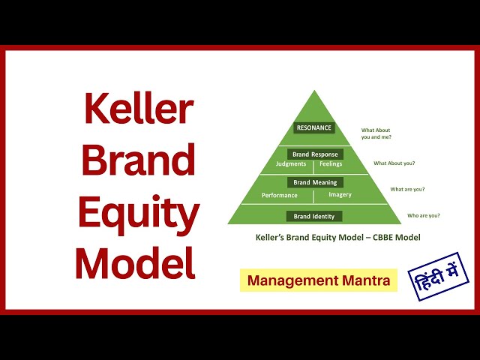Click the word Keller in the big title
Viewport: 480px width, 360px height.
pyautogui.click(x=137, y=109)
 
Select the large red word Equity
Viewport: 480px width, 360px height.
pyautogui.click(x=138, y=214)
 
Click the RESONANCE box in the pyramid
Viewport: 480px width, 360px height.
pyautogui.click(x=314, y=128)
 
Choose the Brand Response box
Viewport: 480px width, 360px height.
pyautogui.click(x=315, y=154)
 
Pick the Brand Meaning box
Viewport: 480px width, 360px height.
pyautogui.click(x=315, y=182)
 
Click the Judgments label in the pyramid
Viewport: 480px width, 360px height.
pyautogui.click(x=291, y=163)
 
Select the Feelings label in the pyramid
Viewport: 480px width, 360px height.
pyautogui.click(x=330, y=163)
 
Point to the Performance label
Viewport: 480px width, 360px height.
pyautogui.click(x=279, y=195)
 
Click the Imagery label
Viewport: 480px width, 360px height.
pyautogui.click(x=340, y=195)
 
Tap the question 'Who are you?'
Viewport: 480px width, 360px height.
pyautogui.click(x=423, y=215)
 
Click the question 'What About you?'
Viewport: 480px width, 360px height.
pyautogui.click(x=394, y=163)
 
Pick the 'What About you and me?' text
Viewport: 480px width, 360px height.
pyautogui.click(x=376, y=133)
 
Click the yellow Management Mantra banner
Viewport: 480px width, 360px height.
pyautogui.click(x=319, y=280)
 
